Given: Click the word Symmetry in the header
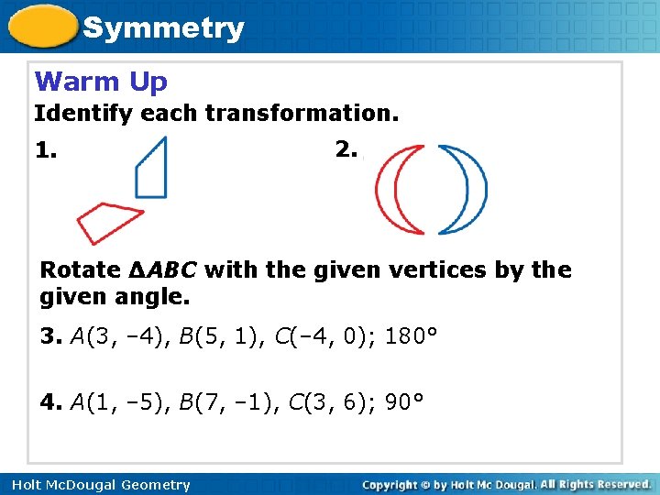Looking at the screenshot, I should tap(163, 27).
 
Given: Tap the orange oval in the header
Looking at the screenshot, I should tap(43, 27).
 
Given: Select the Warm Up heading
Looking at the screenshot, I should tap(101, 82).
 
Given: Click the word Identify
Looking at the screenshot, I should tap(71, 115).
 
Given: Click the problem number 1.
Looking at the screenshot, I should tap(47, 149).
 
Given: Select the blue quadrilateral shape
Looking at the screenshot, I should tap(153, 170).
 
